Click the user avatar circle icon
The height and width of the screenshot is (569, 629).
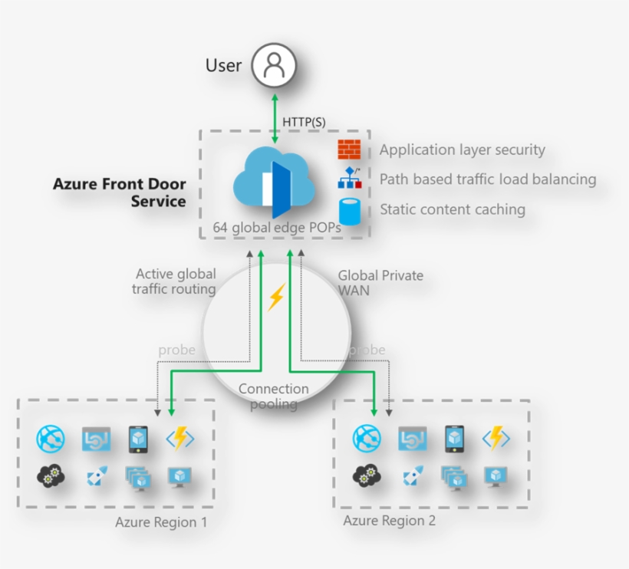274,65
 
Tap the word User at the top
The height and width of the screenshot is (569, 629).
223,66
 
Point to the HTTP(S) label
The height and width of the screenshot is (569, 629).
304,122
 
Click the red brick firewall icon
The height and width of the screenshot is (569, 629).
349,150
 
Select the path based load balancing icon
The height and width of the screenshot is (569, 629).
349,179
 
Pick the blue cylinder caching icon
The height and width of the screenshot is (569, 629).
350,210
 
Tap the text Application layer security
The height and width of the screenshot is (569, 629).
462,150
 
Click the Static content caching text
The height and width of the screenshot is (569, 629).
453,209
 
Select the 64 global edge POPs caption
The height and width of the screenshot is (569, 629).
277,228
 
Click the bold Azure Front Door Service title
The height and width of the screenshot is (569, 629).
120,193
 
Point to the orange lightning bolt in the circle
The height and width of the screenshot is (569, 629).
275,297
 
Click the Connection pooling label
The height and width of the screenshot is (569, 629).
274,396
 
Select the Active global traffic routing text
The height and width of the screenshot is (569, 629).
175,281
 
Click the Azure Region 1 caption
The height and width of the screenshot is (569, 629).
161,522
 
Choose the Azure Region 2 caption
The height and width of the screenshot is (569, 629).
389,521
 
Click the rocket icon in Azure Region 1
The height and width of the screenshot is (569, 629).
96,478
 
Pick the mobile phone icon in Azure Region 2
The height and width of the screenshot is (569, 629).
454,439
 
